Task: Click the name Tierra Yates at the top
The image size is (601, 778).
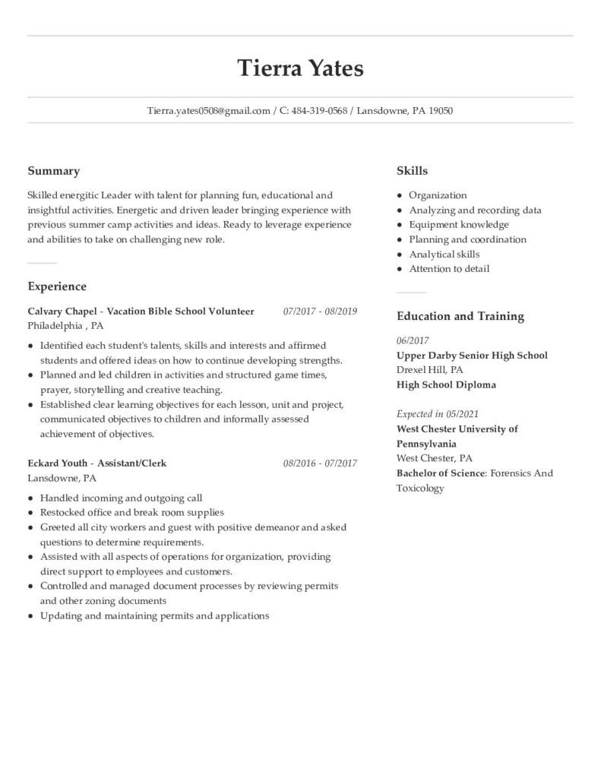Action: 300,68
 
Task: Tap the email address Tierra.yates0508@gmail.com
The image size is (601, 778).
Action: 209,111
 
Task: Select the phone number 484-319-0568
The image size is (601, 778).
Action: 319,111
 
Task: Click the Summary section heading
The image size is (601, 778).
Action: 53,172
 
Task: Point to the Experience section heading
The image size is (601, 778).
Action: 57,286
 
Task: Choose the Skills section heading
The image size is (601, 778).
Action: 412,172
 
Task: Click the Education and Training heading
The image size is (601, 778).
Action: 460,316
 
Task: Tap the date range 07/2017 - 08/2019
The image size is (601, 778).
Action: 320,312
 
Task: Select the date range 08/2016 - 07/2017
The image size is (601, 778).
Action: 320,463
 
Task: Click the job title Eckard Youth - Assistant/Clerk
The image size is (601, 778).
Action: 96,463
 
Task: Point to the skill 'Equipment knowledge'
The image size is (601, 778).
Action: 459,225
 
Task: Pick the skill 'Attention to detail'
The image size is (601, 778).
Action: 449,269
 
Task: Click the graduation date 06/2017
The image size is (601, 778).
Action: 413,341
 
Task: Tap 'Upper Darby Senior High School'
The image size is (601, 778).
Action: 472,356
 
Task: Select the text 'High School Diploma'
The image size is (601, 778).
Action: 446,384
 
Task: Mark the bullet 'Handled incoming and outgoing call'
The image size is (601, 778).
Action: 121,498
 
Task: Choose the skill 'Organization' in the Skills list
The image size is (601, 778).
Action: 438,195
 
